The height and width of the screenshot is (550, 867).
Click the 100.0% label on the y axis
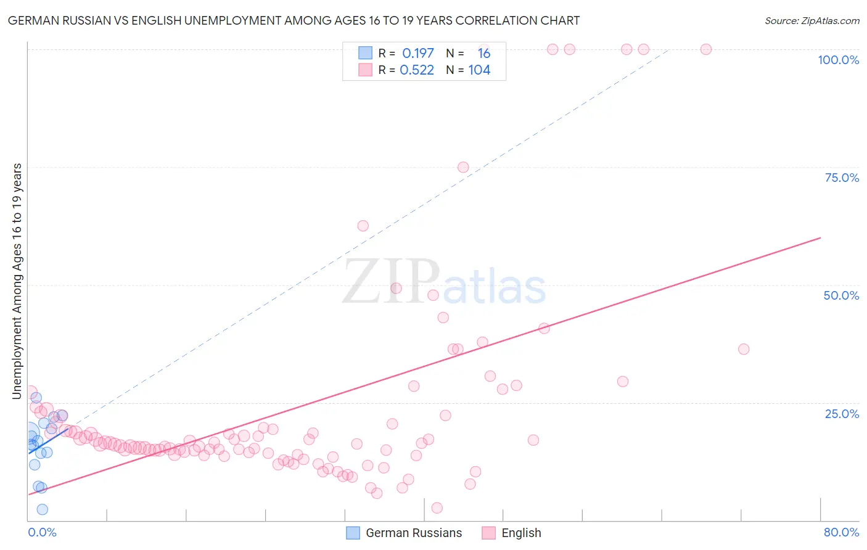(x=838, y=60)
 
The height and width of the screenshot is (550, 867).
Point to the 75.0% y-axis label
(x=842, y=178)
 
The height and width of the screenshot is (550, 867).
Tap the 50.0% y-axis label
(x=841, y=295)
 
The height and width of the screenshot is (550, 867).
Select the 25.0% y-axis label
(x=842, y=413)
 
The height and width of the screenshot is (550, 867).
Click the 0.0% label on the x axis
(x=42, y=532)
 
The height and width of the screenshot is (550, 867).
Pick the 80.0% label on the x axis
(x=841, y=532)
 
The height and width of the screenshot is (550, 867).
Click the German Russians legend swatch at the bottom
(x=353, y=533)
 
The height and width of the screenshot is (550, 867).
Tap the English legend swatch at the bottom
(x=488, y=533)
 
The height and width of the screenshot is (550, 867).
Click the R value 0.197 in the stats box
(x=418, y=53)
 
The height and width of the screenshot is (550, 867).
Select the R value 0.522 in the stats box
(x=417, y=70)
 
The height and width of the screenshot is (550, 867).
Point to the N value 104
(x=479, y=70)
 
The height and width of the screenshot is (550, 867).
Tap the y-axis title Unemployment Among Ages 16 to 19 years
(x=17, y=281)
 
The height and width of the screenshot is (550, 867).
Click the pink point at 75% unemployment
(x=463, y=167)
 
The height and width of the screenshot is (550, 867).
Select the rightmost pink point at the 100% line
(x=706, y=49)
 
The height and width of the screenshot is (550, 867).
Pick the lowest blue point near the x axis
(x=42, y=509)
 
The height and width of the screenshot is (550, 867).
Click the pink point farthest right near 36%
(x=744, y=349)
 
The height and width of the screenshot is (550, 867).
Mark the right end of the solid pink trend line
(x=820, y=237)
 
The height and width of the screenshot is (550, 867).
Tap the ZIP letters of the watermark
(x=391, y=281)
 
